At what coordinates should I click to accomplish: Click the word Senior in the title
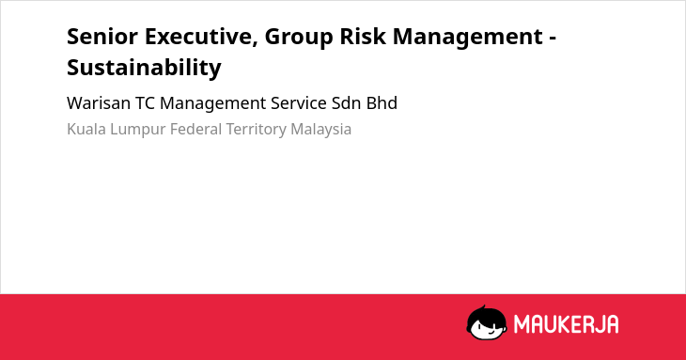(102, 36)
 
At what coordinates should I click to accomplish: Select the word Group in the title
(299, 38)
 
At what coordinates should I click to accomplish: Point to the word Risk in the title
(363, 36)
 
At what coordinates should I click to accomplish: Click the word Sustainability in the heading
(144, 68)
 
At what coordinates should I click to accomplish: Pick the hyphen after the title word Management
(553, 39)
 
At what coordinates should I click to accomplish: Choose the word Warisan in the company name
(99, 103)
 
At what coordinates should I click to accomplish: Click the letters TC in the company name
(146, 103)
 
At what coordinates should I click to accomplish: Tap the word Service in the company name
(299, 103)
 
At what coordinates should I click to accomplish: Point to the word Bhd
(382, 103)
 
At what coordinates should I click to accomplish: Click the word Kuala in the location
(86, 130)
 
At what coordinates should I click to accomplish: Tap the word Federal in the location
(196, 130)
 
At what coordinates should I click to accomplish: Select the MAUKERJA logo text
(566, 324)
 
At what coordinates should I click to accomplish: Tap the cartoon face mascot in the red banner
(487, 322)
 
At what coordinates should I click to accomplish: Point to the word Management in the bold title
(468, 38)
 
